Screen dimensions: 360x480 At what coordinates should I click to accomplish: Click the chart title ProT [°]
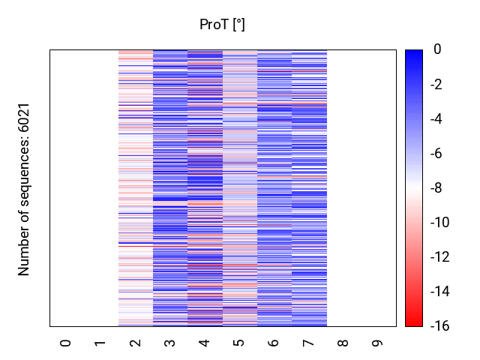click(222, 25)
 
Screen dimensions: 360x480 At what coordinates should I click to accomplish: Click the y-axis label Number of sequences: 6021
click(25, 189)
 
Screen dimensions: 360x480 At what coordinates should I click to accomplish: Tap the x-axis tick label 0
click(66, 343)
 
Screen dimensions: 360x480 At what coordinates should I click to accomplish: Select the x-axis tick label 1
click(100, 343)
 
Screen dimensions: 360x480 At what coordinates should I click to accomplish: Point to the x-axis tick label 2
click(135, 343)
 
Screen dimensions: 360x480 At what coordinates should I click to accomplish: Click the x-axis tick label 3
click(170, 343)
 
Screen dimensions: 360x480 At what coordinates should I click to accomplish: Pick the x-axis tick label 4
click(205, 343)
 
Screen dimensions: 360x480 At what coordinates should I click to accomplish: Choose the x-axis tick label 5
click(239, 343)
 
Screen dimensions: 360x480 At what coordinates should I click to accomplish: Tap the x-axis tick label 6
click(274, 343)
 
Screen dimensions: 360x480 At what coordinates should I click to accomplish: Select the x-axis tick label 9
click(378, 343)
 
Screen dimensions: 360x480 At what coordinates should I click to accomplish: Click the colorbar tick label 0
click(436, 49)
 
